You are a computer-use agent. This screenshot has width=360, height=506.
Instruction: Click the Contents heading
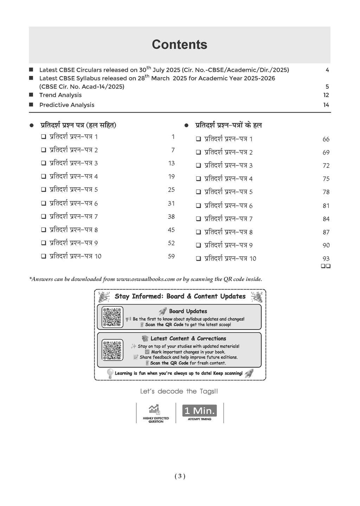(x=179, y=45)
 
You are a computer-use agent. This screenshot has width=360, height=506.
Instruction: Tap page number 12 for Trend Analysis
(x=326, y=95)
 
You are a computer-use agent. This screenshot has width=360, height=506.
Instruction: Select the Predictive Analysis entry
(x=67, y=105)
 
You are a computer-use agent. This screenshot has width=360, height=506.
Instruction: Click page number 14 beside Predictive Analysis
(x=326, y=105)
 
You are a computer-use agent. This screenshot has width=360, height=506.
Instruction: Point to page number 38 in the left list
(x=171, y=216)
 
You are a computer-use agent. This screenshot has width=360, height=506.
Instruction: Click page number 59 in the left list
(x=171, y=257)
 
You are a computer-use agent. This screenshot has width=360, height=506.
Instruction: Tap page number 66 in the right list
(x=326, y=140)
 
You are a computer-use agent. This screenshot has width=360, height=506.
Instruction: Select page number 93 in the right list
(x=326, y=259)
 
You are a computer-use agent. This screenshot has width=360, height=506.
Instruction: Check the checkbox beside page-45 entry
(x=44, y=230)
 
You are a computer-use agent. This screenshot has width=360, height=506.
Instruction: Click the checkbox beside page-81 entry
(x=198, y=206)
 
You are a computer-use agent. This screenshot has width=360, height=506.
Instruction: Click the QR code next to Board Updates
(x=112, y=317)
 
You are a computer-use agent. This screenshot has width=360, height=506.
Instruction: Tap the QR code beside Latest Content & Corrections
(x=112, y=350)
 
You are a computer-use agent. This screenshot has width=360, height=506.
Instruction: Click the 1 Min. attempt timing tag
(x=199, y=411)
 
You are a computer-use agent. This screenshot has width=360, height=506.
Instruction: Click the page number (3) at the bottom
(x=180, y=476)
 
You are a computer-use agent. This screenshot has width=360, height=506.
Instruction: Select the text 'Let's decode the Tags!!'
(x=179, y=391)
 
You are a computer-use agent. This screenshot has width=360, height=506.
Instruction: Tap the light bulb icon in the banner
(x=110, y=373)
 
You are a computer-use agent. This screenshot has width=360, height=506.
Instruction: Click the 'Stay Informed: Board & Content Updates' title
(x=180, y=297)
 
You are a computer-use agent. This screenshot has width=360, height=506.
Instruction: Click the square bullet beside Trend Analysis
(x=31, y=95)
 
